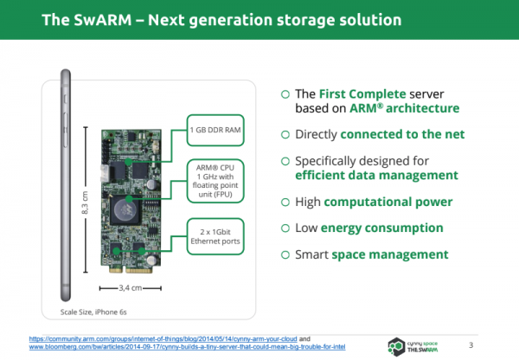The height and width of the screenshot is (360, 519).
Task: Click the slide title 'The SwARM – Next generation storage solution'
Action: (221, 20)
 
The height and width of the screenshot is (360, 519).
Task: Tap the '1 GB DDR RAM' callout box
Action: (215, 130)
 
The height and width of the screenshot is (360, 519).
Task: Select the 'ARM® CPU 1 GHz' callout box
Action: (215, 181)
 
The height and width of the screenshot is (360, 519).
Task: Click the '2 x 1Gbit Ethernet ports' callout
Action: (215, 236)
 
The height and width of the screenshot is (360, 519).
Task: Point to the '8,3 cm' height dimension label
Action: (85, 202)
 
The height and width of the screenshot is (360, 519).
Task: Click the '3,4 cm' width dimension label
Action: (131, 288)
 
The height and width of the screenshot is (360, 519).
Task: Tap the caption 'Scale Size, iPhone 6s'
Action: (93, 312)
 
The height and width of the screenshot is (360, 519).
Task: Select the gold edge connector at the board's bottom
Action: (131, 270)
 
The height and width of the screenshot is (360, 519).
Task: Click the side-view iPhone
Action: (66, 185)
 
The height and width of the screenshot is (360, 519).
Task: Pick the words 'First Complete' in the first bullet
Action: (362, 94)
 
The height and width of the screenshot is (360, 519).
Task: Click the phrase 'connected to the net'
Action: (402, 134)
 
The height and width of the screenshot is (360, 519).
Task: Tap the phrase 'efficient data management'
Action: (376, 175)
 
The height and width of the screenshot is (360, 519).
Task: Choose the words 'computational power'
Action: (388, 202)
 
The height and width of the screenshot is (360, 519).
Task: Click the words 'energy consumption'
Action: (382, 228)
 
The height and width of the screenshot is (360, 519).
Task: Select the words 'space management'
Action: (390, 254)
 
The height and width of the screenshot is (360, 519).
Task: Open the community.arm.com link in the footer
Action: (163, 339)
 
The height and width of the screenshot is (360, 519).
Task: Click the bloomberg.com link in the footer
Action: (188, 347)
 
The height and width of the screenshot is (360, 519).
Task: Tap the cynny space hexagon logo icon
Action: (396, 346)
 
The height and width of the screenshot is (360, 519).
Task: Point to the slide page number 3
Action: (471, 345)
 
